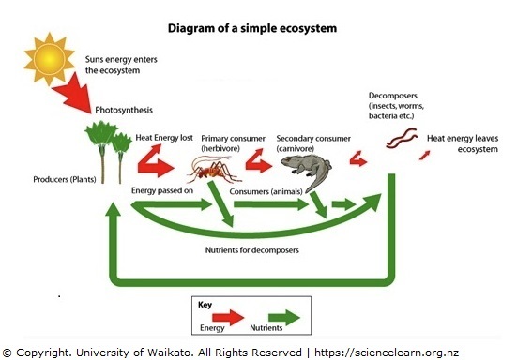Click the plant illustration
(x=109, y=151)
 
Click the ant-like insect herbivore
(x=212, y=170)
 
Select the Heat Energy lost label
(x=165, y=137)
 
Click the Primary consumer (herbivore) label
(x=233, y=142)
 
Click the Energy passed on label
(x=163, y=190)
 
